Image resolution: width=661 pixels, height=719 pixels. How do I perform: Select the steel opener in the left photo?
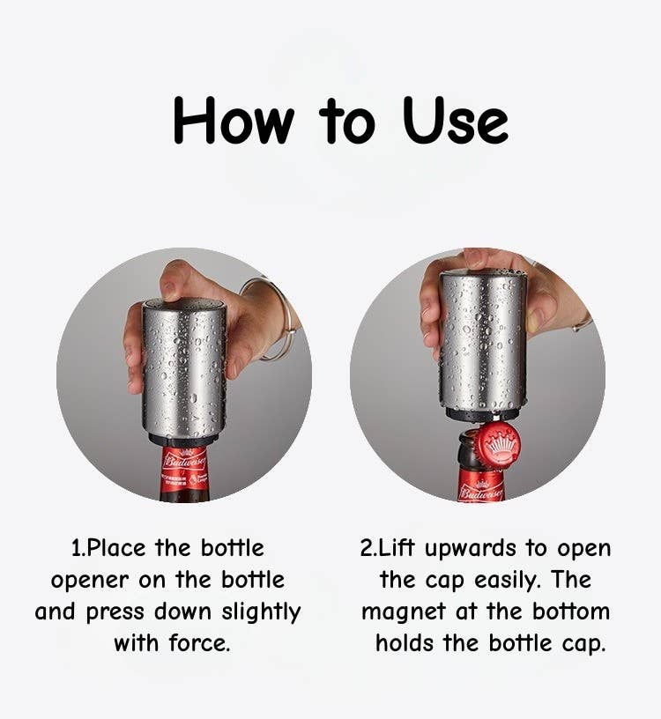183,370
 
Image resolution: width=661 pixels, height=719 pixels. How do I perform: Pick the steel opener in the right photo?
482,344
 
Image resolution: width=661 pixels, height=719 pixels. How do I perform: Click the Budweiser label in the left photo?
184,467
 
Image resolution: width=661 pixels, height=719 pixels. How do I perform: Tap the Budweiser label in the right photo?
481,488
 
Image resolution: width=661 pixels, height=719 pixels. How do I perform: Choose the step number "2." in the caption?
369,548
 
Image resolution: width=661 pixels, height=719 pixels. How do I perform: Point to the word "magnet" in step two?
405,612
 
